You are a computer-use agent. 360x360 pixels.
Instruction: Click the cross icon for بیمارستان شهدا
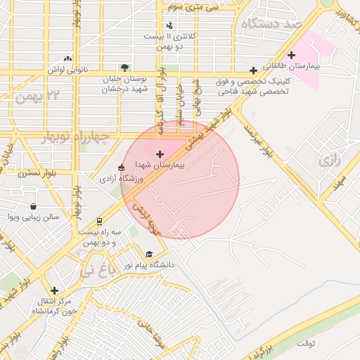coord(160,153)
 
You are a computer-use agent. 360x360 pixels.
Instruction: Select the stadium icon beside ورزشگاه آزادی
coord(122,167)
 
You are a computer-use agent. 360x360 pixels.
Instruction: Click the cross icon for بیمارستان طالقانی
coord(291,55)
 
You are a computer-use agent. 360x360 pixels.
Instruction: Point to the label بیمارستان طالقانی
coord(295,65)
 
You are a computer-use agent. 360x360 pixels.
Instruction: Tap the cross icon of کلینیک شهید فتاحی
coord(253,70)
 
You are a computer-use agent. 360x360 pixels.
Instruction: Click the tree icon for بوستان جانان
coord(124,68)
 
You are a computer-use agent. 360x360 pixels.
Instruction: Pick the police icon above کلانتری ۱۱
coord(169,25)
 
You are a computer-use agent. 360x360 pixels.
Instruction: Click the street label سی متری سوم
coord(193,6)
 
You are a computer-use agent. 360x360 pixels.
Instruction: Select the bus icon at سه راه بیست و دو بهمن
coord(99,221)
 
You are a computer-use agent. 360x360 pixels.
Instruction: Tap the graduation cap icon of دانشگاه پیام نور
coord(148,255)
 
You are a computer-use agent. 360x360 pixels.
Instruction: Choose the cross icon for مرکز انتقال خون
coord(54,290)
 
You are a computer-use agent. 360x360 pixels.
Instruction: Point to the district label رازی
coord(329,161)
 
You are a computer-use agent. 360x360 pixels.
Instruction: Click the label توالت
coord(307,344)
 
